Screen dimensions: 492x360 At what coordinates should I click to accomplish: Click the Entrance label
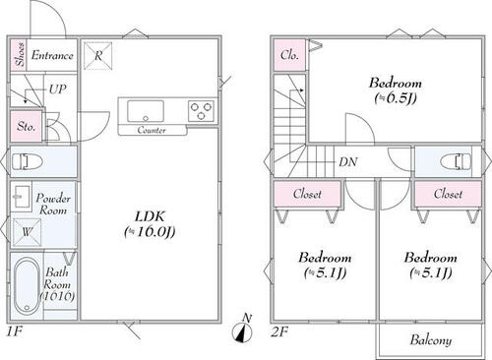coord(52,55)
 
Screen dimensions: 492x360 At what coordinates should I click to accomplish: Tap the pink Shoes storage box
coord(18,55)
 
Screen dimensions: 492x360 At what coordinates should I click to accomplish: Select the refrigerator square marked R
coord(97,55)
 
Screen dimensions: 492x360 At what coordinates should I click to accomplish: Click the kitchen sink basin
coord(146,111)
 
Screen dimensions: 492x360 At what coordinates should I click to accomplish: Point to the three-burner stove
coord(201,111)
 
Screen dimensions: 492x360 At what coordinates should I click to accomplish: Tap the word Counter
coord(152,130)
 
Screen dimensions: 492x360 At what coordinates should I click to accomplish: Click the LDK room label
coord(150,224)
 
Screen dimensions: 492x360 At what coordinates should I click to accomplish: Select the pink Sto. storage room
coord(27,126)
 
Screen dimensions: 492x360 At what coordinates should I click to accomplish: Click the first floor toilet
coord(28,162)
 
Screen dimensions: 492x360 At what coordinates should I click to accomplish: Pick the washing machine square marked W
coord(27,232)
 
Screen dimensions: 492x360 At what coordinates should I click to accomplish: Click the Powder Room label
coord(53,204)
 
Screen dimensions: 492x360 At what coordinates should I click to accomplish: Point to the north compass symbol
coord(243,330)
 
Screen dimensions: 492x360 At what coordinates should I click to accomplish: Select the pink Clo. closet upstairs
coord(289,55)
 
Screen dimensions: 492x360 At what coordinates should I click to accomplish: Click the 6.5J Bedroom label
coord(396,90)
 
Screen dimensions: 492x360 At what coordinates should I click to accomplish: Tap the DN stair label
coord(348,161)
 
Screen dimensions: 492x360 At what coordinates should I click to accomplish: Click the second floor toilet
coord(456,162)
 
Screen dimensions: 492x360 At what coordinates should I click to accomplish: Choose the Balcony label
coord(431,340)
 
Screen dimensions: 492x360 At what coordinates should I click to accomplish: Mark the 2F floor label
coord(279,332)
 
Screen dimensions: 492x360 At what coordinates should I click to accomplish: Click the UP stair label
coord(58,89)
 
